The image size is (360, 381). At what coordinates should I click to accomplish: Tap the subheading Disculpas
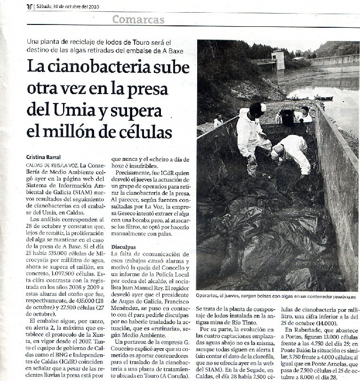tap(123, 246)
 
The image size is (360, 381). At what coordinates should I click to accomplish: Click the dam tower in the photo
tap(278, 59)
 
